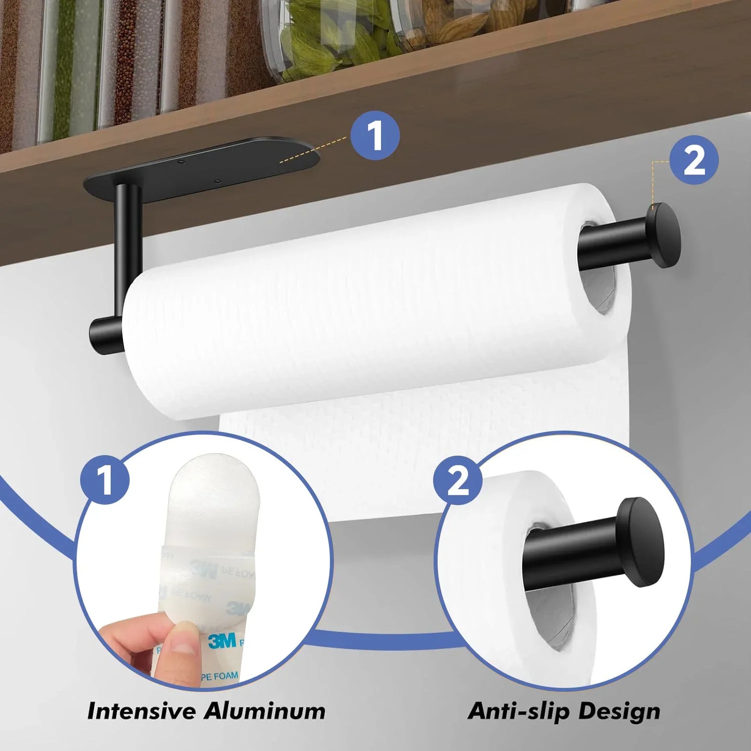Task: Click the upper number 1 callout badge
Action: coord(375,136)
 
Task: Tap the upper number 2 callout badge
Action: coord(694,160)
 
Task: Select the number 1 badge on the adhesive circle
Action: coord(105,480)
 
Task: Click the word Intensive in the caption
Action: coord(140,711)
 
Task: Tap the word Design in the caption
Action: coord(619,711)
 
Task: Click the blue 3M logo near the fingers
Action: coord(222,640)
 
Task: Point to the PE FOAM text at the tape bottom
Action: coord(219,677)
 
